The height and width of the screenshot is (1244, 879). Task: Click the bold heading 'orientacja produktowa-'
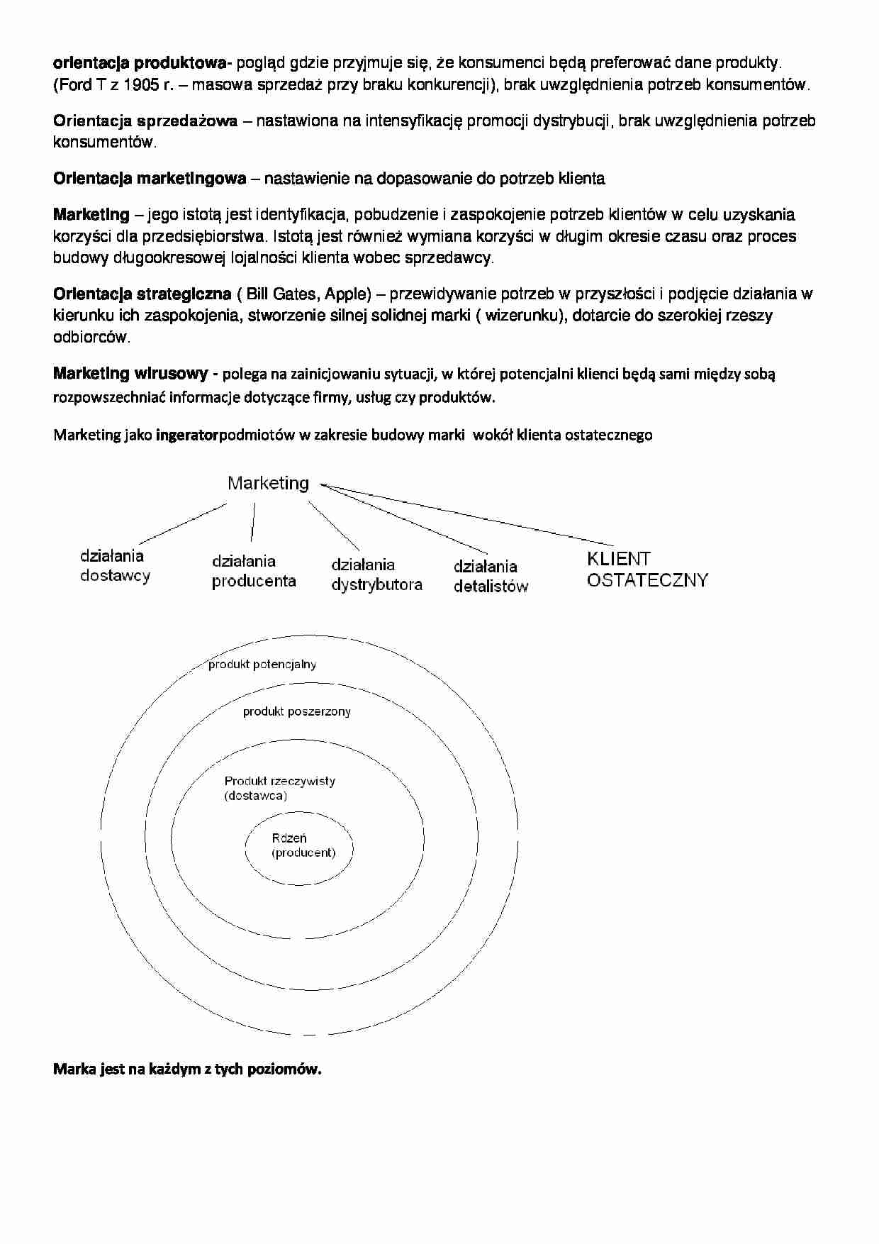pos(142,63)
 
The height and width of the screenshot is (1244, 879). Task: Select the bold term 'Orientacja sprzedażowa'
pos(145,121)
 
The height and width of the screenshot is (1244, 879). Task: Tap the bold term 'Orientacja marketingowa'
pos(150,178)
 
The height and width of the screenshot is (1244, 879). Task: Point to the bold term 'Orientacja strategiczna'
pos(142,294)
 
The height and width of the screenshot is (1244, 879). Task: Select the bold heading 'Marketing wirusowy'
pos(130,374)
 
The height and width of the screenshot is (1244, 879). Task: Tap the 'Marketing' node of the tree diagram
pos(268,483)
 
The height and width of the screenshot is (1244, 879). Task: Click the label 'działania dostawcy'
pos(114,566)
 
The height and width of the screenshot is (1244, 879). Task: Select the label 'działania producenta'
pos(253,571)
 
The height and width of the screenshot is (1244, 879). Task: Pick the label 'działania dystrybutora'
pos(376,574)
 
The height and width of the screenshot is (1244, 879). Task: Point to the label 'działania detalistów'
pos(491,576)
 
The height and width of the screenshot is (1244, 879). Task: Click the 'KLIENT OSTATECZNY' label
pos(646,570)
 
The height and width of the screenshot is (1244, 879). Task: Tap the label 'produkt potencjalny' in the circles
pos(262,665)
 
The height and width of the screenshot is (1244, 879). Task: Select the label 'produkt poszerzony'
pos(296,711)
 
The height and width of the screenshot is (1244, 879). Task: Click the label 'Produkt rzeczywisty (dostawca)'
pos(279,788)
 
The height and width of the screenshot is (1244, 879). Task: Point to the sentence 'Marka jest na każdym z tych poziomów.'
pos(187,1069)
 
